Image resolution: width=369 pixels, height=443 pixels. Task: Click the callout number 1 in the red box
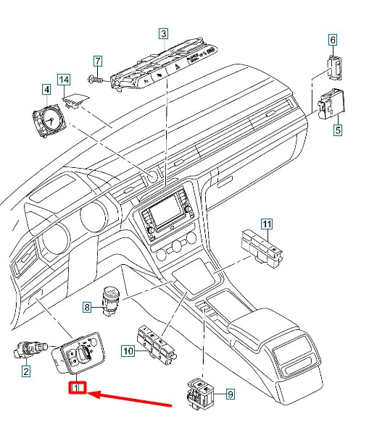click(78, 389)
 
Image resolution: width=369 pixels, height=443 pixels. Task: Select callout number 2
click(25, 373)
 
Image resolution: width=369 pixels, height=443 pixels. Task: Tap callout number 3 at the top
click(164, 34)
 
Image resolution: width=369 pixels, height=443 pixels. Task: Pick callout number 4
click(46, 90)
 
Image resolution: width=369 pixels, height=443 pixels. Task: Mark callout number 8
click(86, 308)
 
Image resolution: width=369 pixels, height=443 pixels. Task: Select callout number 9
click(231, 395)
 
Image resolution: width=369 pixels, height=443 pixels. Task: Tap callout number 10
click(128, 352)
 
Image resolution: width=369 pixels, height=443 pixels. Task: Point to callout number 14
click(64, 78)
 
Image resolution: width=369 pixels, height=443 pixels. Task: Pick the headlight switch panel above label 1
click(79, 355)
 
